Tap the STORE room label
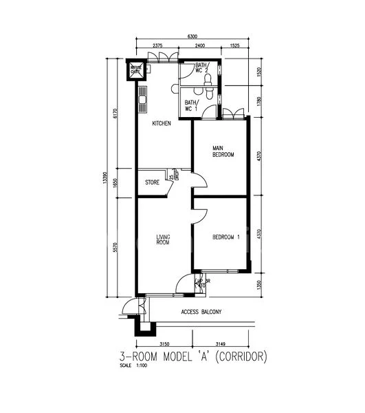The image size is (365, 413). [x=152, y=182]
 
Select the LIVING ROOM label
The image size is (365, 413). [x=162, y=240]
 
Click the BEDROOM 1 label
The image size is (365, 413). [x=225, y=237]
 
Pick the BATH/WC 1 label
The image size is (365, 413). [x=191, y=105]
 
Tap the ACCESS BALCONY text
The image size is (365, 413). [x=201, y=312]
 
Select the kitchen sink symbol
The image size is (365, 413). [x=142, y=100]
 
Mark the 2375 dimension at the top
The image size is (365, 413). [x=157, y=45]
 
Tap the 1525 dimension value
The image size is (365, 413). [x=235, y=45]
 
